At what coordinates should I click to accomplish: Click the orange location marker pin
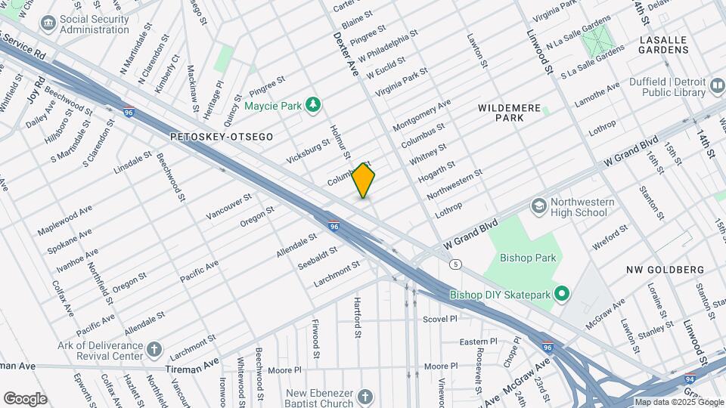tap(364, 180)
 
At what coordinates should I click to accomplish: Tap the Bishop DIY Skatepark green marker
tap(562, 294)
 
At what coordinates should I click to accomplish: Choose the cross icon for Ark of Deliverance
tap(154, 349)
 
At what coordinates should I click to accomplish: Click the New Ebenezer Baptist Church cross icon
tap(365, 397)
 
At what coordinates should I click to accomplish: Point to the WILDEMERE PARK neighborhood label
tap(510, 113)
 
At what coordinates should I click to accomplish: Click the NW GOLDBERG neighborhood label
tap(665, 270)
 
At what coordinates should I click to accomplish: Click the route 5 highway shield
tap(455, 264)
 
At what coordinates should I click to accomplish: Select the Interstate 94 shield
tap(690, 379)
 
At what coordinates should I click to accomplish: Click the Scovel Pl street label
tap(440, 319)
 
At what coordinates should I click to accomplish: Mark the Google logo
tap(25, 398)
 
